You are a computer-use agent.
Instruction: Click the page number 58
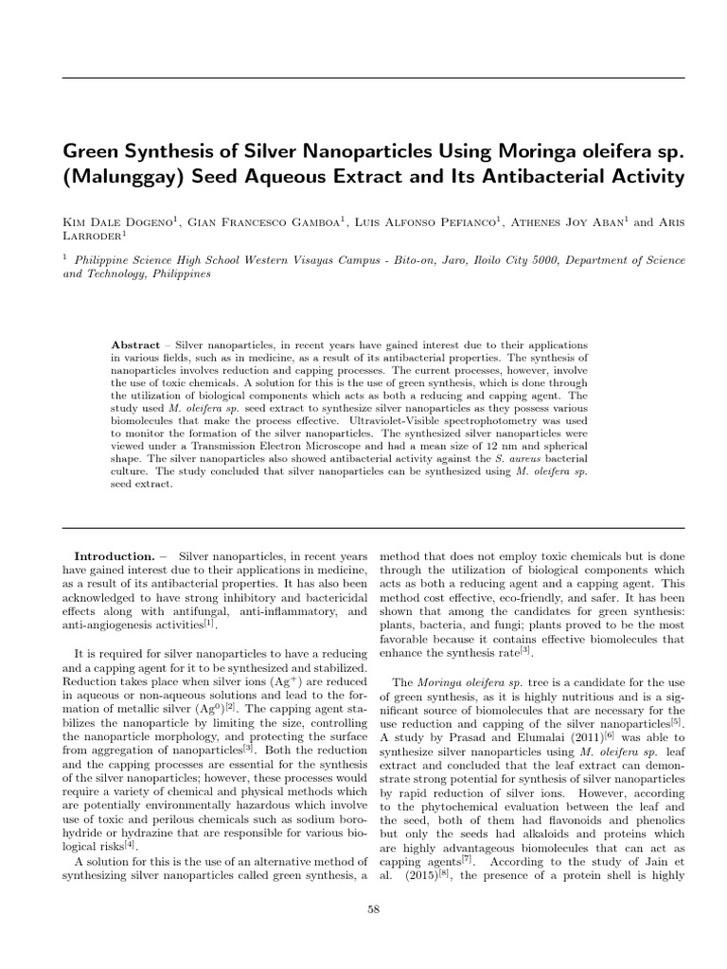(372, 909)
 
